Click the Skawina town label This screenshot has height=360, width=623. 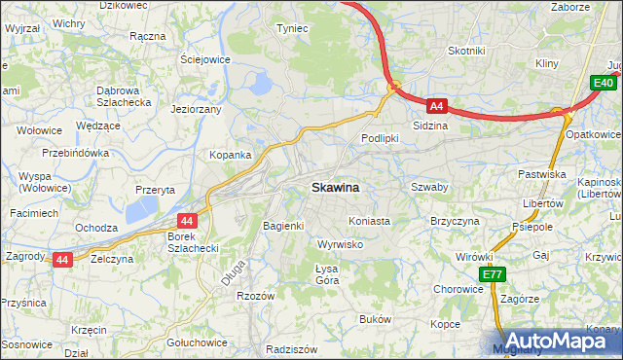tap(335, 187)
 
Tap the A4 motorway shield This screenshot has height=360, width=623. tap(437, 106)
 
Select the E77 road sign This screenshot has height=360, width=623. tap(493, 275)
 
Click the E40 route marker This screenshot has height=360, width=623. tap(603, 85)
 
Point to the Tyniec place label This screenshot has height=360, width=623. tap(292, 28)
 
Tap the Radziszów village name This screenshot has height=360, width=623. tap(292, 348)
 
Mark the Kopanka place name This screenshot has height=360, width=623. tap(231, 155)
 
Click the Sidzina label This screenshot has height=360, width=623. tap(430, 126)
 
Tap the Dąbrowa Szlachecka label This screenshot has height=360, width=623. tap(124, 96)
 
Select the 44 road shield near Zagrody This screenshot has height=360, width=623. tap(62, 260)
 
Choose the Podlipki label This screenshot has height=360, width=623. tap(380, 138)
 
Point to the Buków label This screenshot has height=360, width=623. tap(375, 319)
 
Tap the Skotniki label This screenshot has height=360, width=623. tap(466, 51)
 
